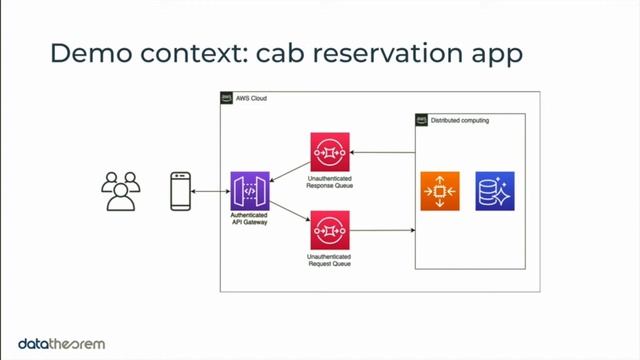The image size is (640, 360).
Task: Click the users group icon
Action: [x=122, y=191]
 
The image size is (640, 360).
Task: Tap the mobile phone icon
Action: [x=180, y=191]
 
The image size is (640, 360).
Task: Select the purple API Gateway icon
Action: [x=250, y=191]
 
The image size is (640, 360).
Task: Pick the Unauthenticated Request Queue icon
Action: [x=329, y=230]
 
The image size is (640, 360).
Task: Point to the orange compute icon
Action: [x=440, y=191]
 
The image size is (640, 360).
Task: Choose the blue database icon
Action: [x=494, y=191]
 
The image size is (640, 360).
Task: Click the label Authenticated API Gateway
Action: [x=250, y=220]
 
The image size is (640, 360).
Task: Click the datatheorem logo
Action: [x=62, y=344]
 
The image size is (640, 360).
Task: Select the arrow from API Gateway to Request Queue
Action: [x=289, y=212]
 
